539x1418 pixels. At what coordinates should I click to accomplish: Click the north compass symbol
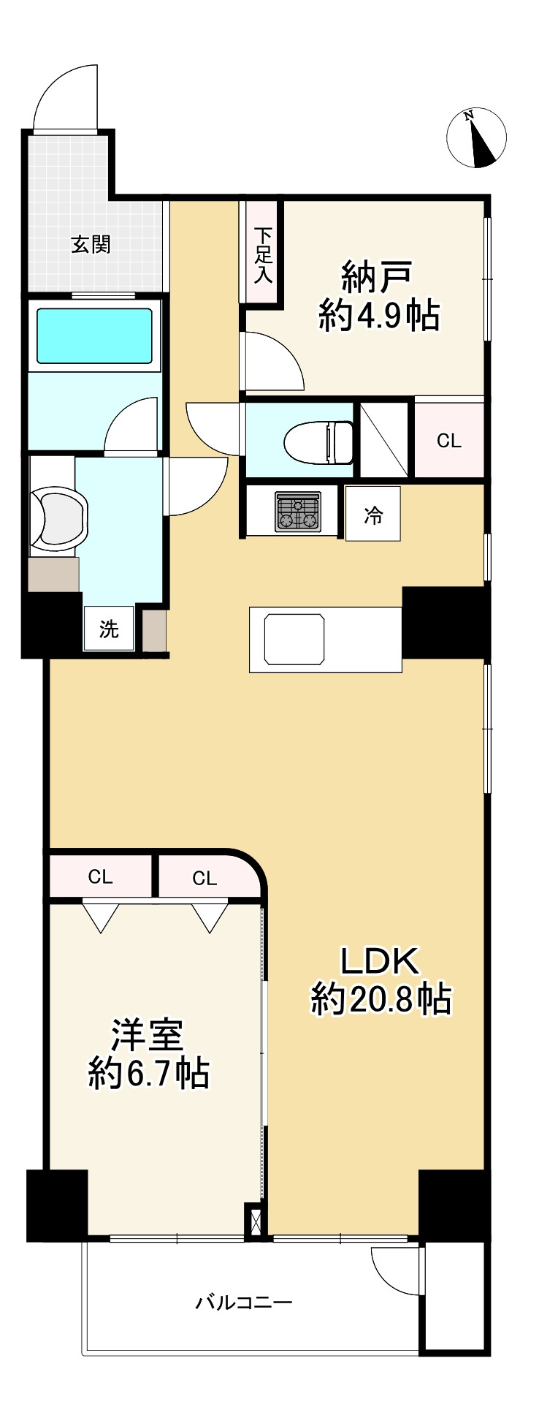click(476, 137)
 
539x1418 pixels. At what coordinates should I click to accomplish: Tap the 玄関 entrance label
click(91, 244)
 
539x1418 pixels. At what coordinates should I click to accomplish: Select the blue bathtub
click(94, 335)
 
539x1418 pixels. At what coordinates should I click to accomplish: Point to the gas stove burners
click(298, 511)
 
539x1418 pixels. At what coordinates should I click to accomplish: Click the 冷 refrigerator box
click(373, 514)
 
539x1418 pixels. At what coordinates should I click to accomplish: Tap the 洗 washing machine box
click(109, 628)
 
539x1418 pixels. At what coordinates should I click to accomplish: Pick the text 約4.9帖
click(378, 316)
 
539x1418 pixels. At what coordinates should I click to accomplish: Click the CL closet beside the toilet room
click(449, 441)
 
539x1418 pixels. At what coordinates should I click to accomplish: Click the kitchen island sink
click(294, 639)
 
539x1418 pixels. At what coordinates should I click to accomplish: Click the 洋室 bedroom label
click(148, 1035)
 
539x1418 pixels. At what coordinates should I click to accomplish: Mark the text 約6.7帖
click(149, 1073)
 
